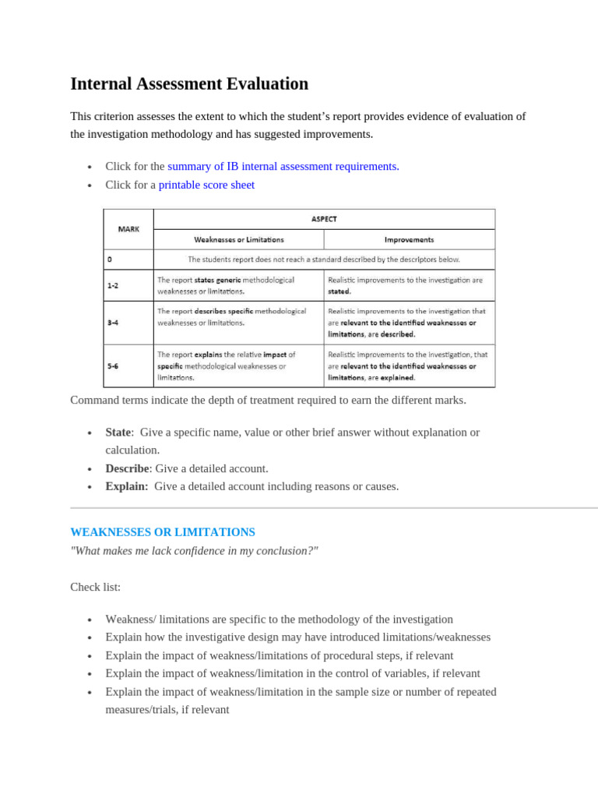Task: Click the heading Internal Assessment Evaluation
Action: click(189, 84)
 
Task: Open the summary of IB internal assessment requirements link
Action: click(283, 166)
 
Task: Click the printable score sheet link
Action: click(206, 185)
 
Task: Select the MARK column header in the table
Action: click(128, 229)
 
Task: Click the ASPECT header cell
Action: click(324, 219)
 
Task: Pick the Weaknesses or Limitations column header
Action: click(238, 239)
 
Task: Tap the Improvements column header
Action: click(409, 239)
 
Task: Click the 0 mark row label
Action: click(110, 260)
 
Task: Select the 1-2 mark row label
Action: click(113, 285)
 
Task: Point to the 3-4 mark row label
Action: click(113, 322)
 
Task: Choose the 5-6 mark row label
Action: click(113, 365)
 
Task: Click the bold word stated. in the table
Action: click(339, 291)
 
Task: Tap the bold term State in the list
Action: click(118, 432)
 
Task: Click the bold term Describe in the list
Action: click(127, 468)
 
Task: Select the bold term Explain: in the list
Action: click(126, 486)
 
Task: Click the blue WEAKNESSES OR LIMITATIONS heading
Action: click(163, 532)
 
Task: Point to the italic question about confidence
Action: click(194, 551)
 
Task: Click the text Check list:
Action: click(96, 587)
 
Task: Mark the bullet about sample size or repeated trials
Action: click(301, 692)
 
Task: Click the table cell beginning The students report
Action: click(324, 260)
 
